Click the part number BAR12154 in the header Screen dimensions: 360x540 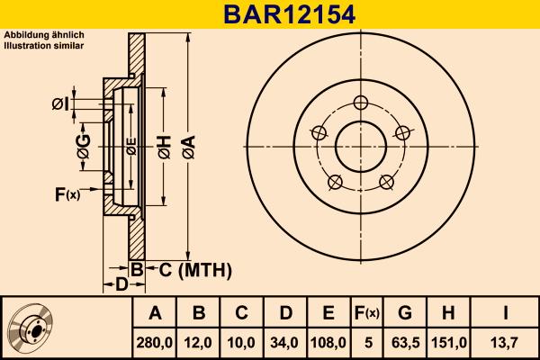270,14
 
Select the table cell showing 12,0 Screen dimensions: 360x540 199,343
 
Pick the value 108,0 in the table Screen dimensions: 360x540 328,343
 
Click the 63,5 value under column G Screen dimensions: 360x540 405,343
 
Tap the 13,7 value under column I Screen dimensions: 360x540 506,343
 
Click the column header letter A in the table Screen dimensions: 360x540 155,313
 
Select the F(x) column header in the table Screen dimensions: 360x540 365,313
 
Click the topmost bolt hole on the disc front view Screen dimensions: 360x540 362,101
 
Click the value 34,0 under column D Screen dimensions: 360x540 285,343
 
